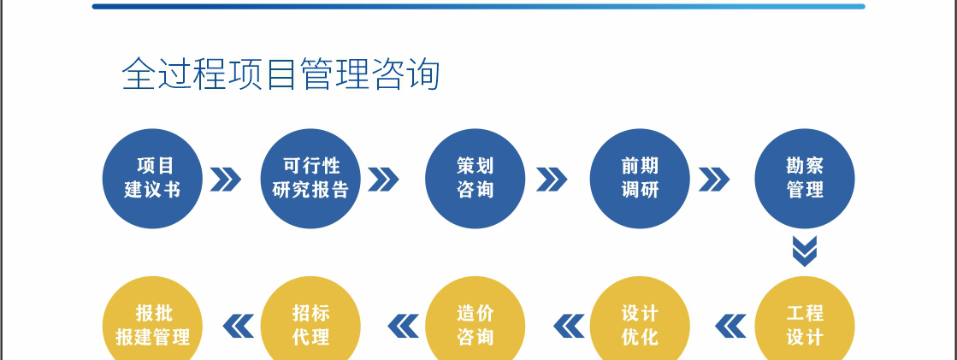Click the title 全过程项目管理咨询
tap(281, 74)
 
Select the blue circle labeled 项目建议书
tap(152, 178)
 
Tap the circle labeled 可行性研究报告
tap(310, 178)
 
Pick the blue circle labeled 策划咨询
tap(476, 178)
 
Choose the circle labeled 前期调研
tap(640, 178)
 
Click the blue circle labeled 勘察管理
tap(805, 178)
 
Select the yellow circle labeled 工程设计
tap(805, 323)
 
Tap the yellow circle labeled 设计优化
tap(640, 323)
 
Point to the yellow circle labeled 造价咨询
tap(476, 323)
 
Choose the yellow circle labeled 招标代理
tap(310, 323)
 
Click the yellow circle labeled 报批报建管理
tap(152, 323)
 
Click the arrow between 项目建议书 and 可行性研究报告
tap(225, 180)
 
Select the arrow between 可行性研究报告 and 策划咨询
tap(383, 180)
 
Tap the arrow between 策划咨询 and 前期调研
tap(552, 180)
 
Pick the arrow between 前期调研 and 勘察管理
tap(714, 180)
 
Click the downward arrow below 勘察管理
tap(805, 251)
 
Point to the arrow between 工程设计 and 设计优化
tap(730, 326)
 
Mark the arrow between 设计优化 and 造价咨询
tap(568, 326)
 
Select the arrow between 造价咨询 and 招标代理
tap(404, 326)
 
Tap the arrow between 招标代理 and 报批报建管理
tap(238, 326)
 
